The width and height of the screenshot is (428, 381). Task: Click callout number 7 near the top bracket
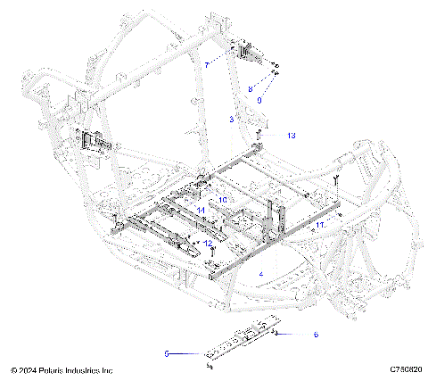(x=207, y=65)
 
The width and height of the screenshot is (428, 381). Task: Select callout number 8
(x=251, y=88)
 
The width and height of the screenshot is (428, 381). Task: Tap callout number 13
(x=291, y=135)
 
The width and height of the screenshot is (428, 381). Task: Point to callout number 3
(x=232, y=118)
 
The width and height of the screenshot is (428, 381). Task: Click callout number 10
(x=223, y=199)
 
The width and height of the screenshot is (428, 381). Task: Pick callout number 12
(x=208, y=243)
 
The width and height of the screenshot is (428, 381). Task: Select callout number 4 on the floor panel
(x=260, y=274)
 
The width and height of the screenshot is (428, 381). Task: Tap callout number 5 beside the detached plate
(x=167, y=353)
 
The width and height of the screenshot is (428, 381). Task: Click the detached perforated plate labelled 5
(x=236, y=343)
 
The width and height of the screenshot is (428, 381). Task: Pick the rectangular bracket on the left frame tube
(x=93, y=141)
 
